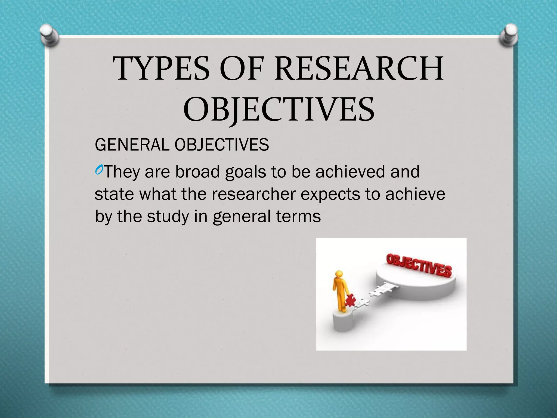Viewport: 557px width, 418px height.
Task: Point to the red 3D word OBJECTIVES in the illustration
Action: click(419, 265)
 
